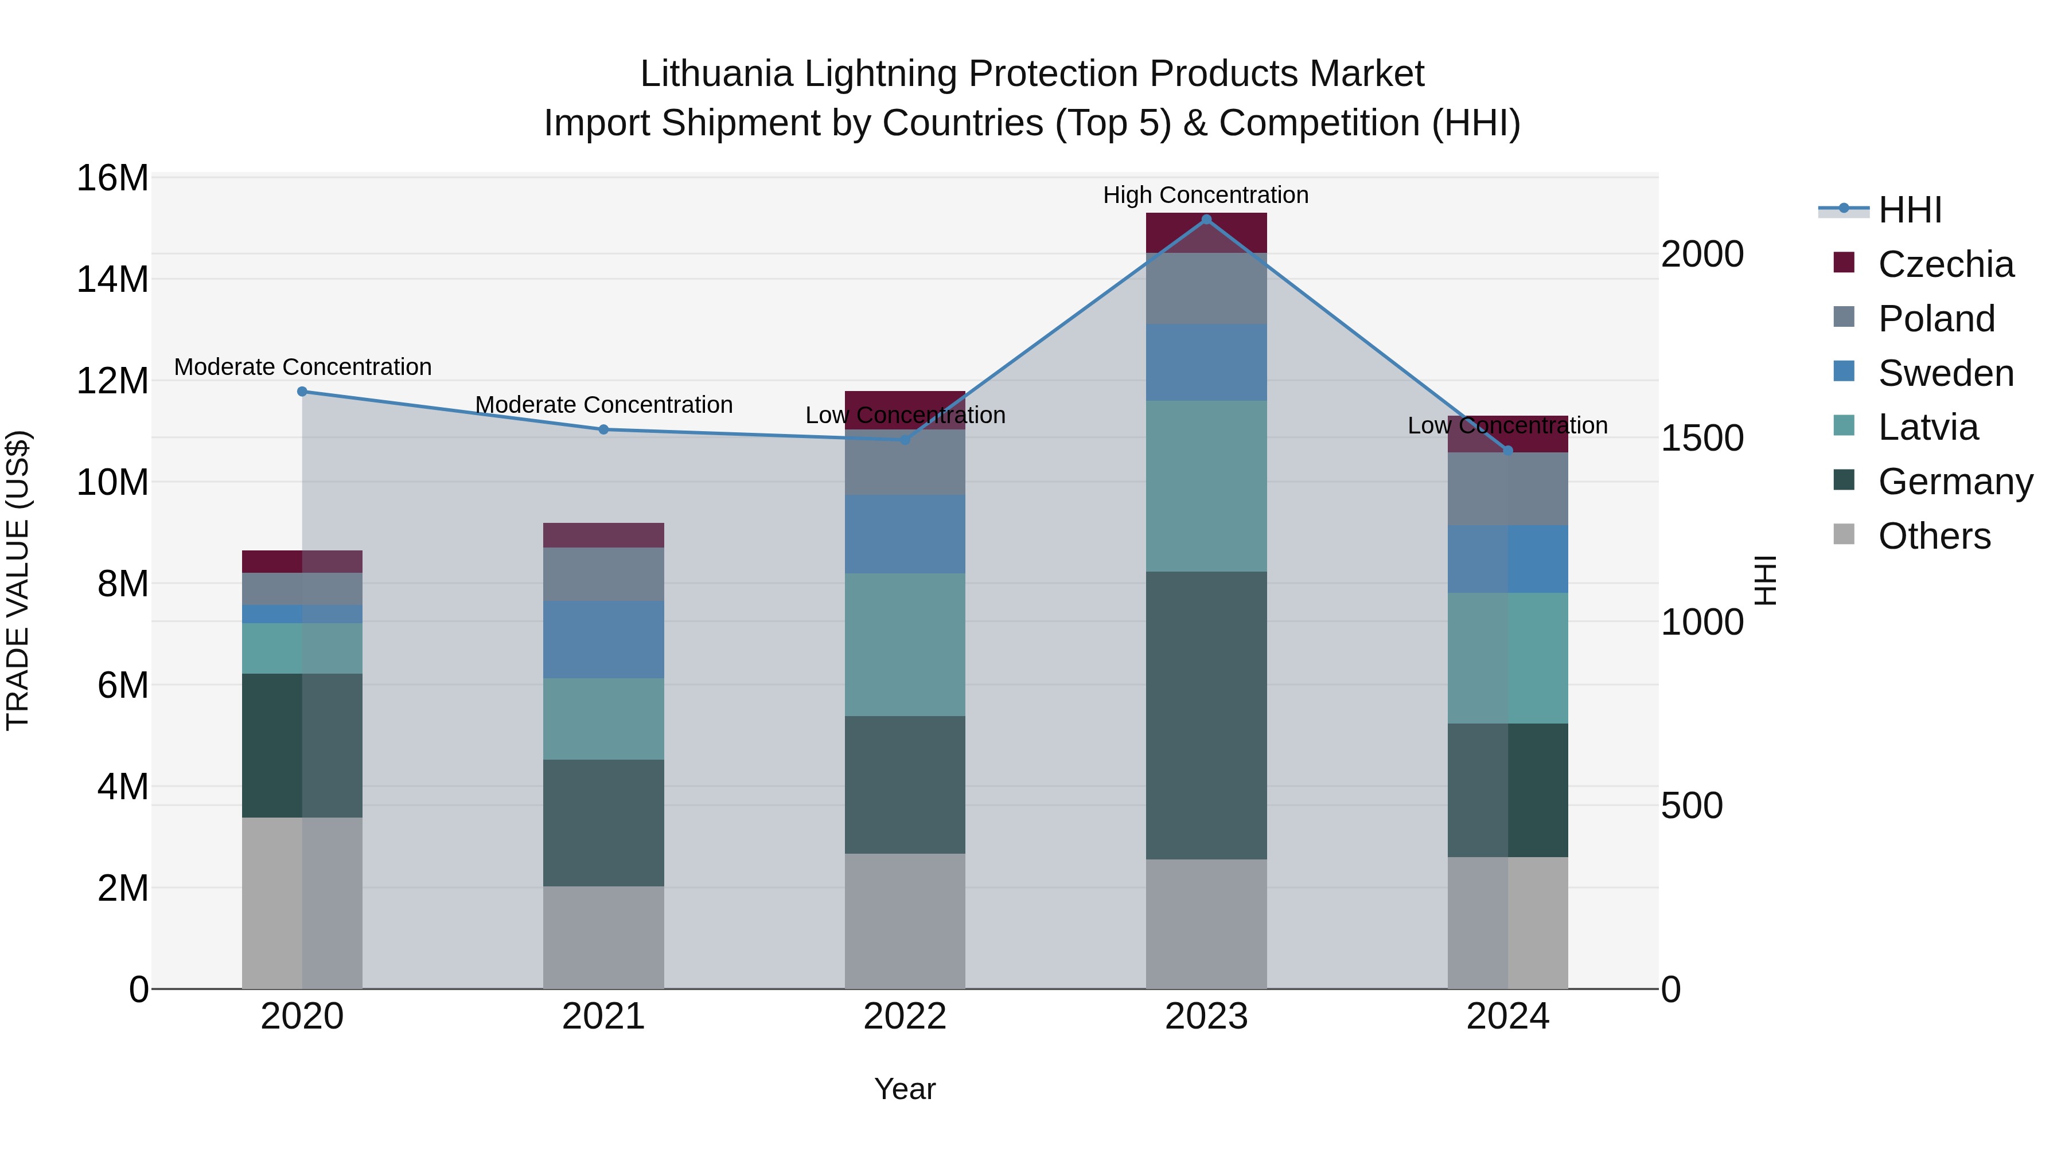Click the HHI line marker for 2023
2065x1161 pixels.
pos(1206,220)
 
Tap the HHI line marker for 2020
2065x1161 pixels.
pos(302,392)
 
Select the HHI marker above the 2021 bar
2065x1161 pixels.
pos(603,429)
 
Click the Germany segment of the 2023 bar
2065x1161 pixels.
pos(1206,715)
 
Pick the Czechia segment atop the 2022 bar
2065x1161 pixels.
pos(905,409)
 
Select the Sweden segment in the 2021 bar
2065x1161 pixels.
pos(603,639)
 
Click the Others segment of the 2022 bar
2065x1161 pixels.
pos(905,921)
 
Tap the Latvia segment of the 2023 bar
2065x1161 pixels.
pos(1206,486)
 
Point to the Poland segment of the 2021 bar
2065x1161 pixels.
pos(603,574)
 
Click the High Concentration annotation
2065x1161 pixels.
pos(1206,195)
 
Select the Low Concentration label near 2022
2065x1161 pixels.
pos(905,415)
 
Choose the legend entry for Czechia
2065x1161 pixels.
pos(1946,264)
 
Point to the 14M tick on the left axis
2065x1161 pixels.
pos(112,280)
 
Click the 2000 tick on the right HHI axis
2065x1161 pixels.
pos(1702,254)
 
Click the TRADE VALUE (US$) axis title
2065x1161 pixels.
pos(18,580)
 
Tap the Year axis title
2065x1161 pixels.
pos(905,1089)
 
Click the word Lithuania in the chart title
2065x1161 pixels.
pos(716,74)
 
